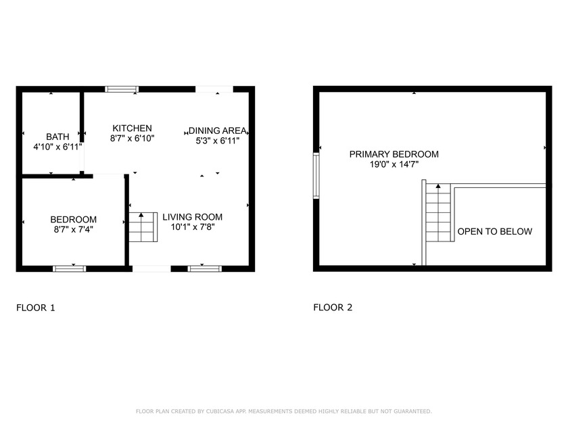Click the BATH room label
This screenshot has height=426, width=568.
click(57, 137)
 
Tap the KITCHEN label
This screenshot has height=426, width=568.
click(133, 128)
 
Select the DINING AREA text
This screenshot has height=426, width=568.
click(217, 131)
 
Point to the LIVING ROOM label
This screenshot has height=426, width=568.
click(192, 217)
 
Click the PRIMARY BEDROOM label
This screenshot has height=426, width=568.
click(394, 154)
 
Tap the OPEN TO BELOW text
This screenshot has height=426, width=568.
click(495, 231)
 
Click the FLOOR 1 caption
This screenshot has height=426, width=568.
click(35, 308)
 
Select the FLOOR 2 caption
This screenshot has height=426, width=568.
click(333, 308)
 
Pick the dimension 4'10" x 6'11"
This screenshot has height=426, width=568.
click(58, 147)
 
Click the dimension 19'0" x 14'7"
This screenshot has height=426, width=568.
click(394, 164)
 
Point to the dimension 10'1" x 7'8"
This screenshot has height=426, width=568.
click(193, 227)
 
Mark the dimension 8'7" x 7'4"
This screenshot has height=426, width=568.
click(74, 229)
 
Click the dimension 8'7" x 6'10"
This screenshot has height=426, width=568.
click(133, 138)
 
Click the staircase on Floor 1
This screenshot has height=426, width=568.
click(143, 227)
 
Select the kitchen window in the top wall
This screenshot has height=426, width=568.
click(122, 89)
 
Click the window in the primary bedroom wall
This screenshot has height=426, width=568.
click(316, 176)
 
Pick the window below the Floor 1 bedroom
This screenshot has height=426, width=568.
click(70, 269)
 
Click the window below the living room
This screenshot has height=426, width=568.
click(205, 269)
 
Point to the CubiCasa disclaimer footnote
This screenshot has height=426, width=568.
click(283, 411)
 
